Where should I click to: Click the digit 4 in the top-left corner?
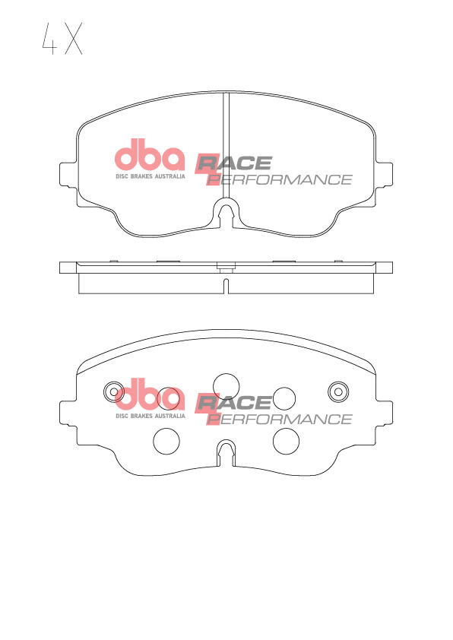tap(48, 39)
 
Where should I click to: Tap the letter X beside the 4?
tap(73, 39)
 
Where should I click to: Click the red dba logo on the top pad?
tap(150, 156)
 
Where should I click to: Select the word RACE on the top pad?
tap(234, 163)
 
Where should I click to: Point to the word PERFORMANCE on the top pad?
tap(281, 180)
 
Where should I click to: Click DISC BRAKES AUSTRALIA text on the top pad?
tap(150, 177)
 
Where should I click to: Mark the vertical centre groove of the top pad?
tap(226, 144)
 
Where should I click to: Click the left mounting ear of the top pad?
tap(68, 176)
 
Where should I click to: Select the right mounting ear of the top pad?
tap(384, 176)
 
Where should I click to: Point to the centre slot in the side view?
tap(226, 286)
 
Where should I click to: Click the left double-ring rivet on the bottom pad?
tap(114, 391)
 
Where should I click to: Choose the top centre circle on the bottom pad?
tap(226, 385)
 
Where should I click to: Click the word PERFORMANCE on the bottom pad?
tap(281, 420)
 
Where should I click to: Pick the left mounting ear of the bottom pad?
tap(68, 416)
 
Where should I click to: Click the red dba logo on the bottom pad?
tap(150, 395)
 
